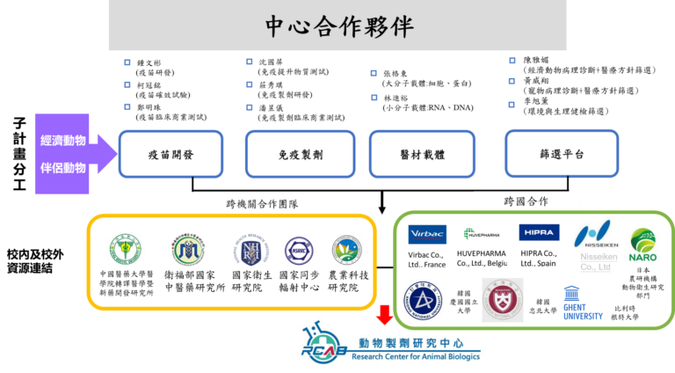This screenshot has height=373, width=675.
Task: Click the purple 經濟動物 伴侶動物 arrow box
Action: click(70, 153)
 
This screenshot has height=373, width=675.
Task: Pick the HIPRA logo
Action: click(539, 233)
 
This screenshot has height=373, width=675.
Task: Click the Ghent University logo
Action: click(583, 304)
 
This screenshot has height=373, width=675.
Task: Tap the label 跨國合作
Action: click(526, 201)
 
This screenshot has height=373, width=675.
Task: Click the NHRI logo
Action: click(246, 250)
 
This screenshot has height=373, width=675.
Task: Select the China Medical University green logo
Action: click(124, 249)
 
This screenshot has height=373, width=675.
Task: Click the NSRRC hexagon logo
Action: click(299, 250)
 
